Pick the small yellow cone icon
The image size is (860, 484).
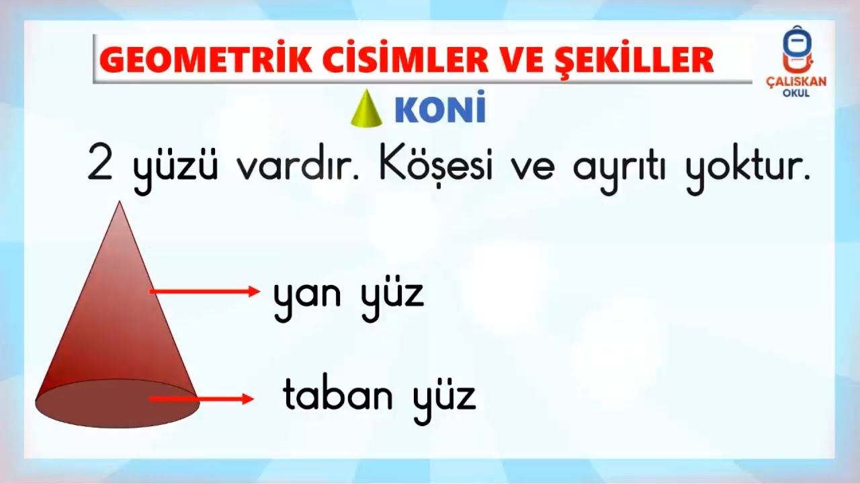pyautogui.click(x=366, y=109)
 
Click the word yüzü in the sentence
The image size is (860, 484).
pyautogui.click(x=175, y=168)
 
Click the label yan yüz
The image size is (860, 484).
pyautogui.click(x=349, y=296)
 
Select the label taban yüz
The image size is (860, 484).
pyautogui.click(x=380, y=397)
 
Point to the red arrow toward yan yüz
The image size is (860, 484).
pyautogui.click(x=204, y=291)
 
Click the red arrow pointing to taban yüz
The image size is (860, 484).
pyautogui.click(x=202, y=399)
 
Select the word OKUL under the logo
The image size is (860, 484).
pyautogui.click(x=796, y=93)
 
